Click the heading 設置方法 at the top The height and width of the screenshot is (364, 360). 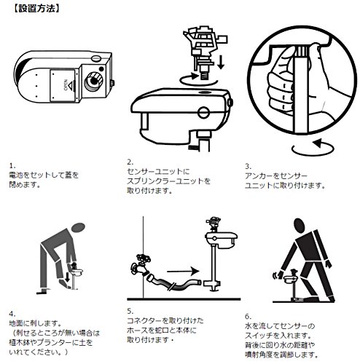(36, 9)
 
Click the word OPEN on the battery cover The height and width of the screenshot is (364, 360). (66, 85)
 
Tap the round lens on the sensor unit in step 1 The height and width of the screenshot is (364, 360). (93, 81)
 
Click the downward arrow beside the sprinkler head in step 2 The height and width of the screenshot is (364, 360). (221, 63)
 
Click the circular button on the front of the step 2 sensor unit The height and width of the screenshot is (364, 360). (203, 113)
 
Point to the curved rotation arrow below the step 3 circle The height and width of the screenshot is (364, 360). (313, 148)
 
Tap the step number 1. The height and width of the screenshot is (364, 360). (12, 166)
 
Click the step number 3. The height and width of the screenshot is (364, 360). (248, 166)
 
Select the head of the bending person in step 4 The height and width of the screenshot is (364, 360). (78, 227)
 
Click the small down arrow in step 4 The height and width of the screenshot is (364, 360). (67, 278)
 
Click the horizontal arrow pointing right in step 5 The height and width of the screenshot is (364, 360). (183, 271)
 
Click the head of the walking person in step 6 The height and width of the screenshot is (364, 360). (299, 226)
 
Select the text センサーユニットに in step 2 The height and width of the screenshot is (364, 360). (158, 172)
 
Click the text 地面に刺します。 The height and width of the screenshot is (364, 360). (35, 323)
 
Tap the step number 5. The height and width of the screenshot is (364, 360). (130, 311)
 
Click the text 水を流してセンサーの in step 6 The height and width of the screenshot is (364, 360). (280, 326)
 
